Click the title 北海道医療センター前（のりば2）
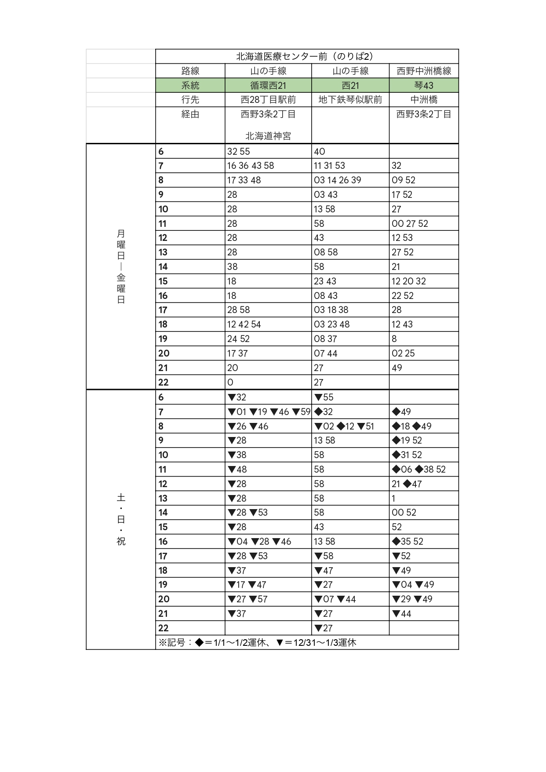click(x=305, y=56)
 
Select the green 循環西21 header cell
click(x=268, y=85)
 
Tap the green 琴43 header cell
click(x=424, y=85)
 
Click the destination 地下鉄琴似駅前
click(x=350, y=100)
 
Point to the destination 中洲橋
click(x=424, y=100)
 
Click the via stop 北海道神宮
click(x=268, y=136)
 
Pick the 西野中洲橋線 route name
click(x=424, y=71)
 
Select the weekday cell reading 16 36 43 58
click(x=251, y=166)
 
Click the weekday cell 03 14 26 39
click(x=338, y=180)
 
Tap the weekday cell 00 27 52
click(x=410, y=223)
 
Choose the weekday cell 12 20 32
click(x=409, y=281)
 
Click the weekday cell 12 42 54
click(x=244, y=324)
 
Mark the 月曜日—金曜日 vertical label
click(x=121, y=266)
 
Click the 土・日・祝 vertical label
click(x=121, y=519)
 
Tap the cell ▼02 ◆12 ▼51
click(x=344, y=426)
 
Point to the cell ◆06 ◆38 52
click(x=419, y=470)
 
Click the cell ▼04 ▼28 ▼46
click(x=259, y=542)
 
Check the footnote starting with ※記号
click(x=257, y=642)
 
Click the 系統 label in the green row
click(x=190, y=85)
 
